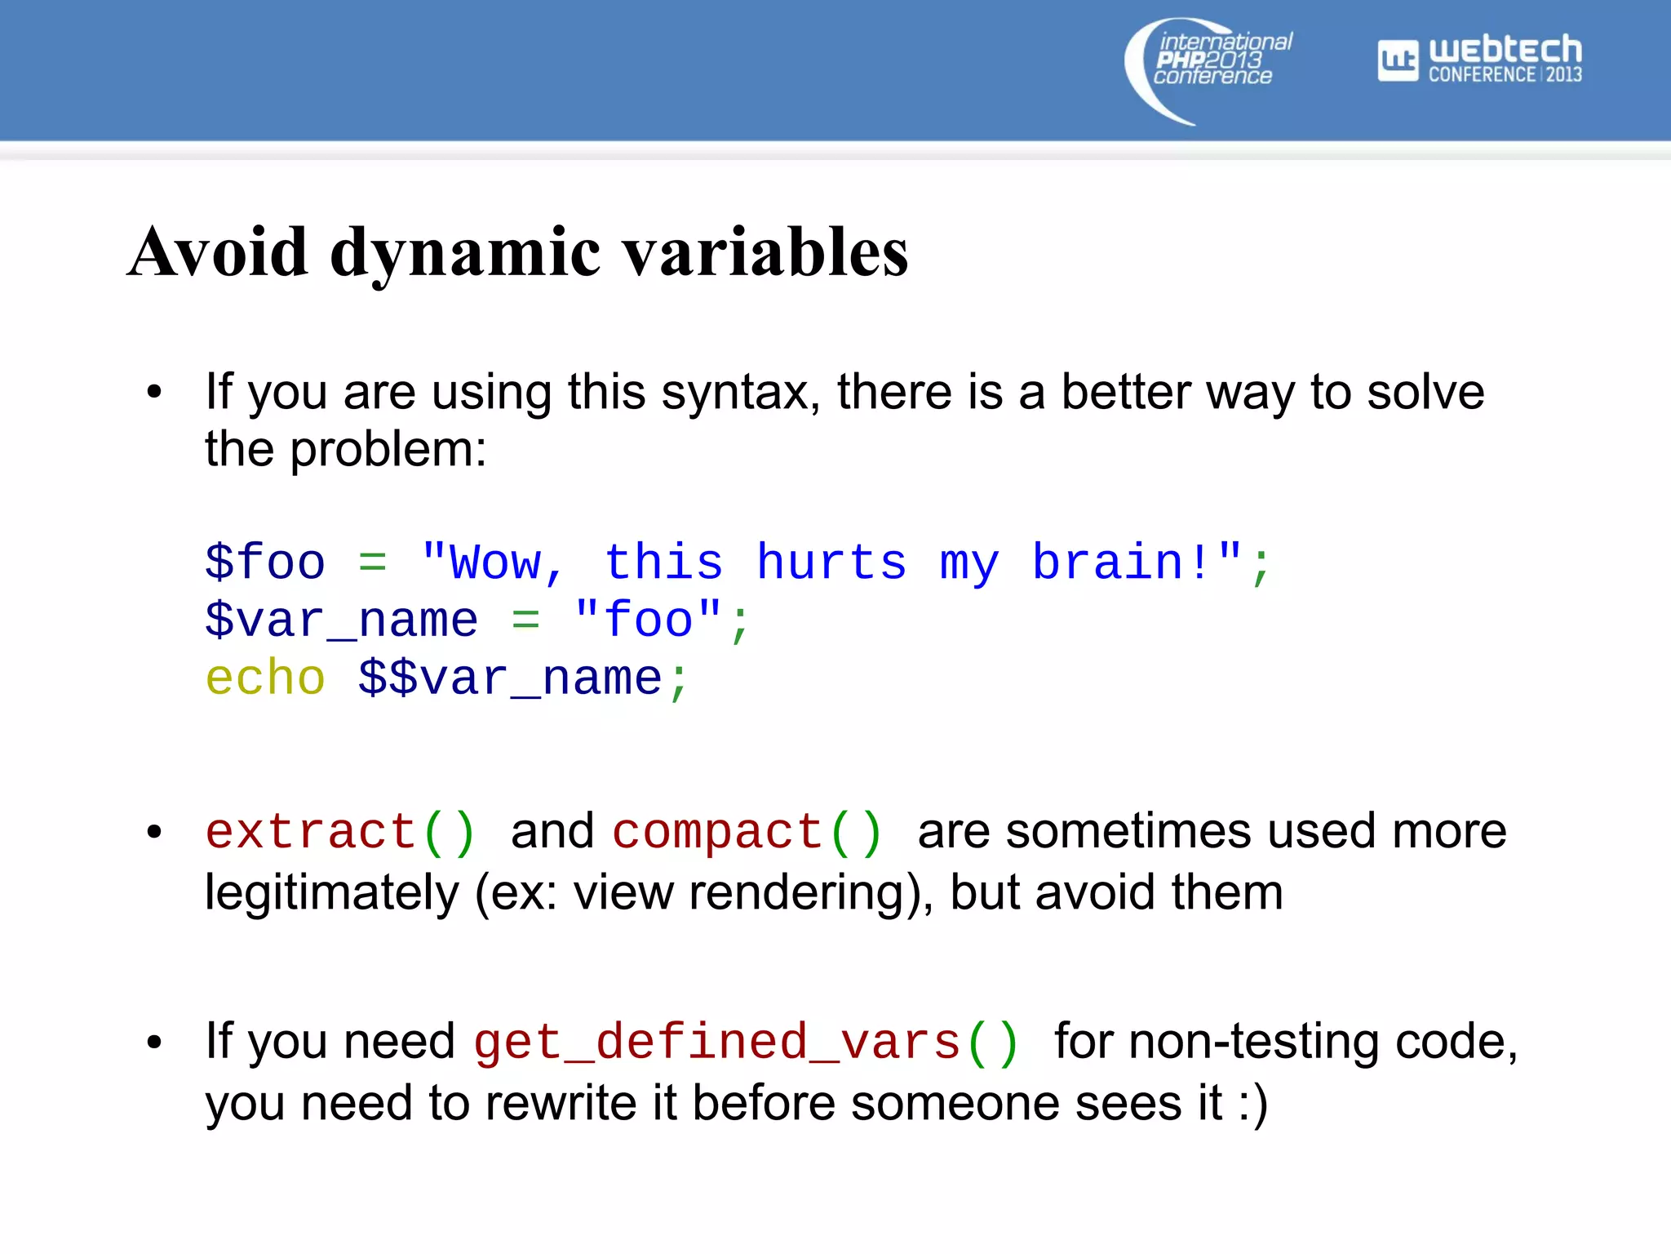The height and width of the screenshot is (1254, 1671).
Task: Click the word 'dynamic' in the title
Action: coord(466,253)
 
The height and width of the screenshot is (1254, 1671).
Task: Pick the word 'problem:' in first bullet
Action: coord(388,450)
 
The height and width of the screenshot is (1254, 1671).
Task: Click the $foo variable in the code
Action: coord(265,563)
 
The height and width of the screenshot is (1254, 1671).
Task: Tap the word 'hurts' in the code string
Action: coord(831,563)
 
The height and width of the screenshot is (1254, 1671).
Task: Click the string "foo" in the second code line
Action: coord(649,620)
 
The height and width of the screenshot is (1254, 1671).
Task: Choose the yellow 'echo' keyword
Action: coord(265,678)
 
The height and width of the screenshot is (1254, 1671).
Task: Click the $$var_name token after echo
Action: coord(511,678)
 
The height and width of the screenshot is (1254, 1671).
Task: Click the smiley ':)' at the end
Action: coord(1252,1104)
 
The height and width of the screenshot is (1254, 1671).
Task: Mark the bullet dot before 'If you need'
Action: coord(154,1043)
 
